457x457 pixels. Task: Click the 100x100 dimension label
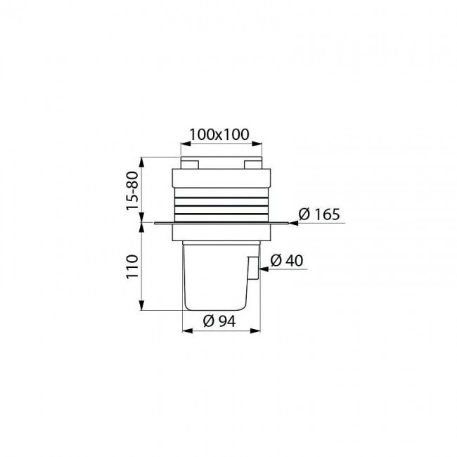(x=219, y=134)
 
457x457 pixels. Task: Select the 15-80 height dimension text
(x=132, y=191)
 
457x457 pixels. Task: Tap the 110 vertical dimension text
(x=132, y=266)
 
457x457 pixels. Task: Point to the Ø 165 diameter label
(x=319, y=214)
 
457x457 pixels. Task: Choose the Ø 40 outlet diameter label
(x=287, y=261)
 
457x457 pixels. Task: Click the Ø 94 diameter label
(x=219, y=321)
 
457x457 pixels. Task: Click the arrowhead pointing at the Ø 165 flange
(x=293, y=224)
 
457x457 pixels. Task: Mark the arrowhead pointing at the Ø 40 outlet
(x=264, y=269)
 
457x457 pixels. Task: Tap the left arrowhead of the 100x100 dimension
(x=186, y=143)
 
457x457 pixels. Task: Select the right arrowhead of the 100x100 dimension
(x=257, y=143)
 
